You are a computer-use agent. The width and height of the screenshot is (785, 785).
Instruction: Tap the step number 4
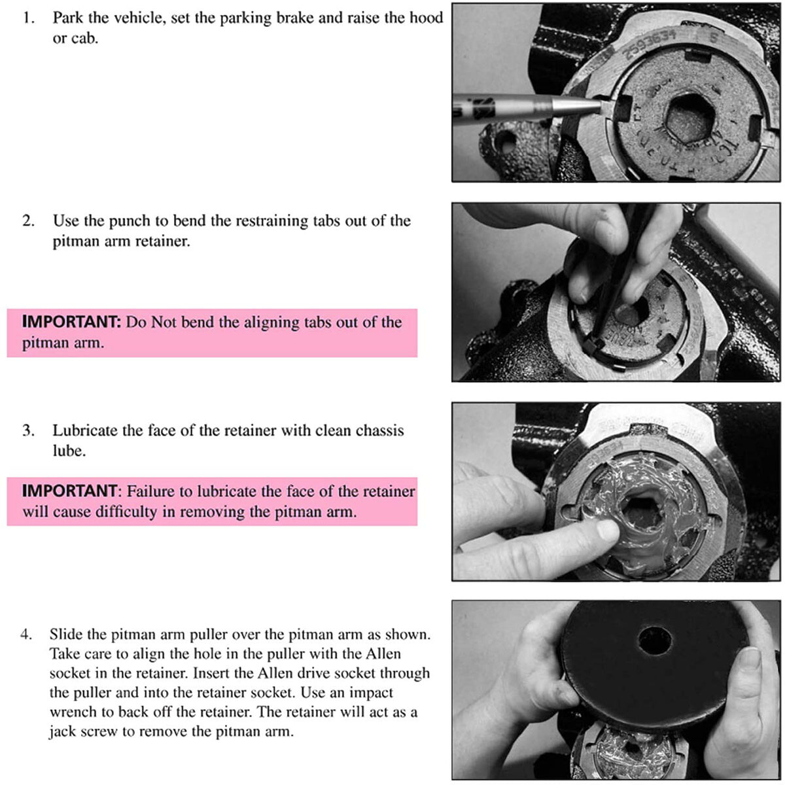26,635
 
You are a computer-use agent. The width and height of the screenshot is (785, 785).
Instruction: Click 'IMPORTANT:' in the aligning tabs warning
72,322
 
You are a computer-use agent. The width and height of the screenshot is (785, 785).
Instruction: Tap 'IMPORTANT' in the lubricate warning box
69,491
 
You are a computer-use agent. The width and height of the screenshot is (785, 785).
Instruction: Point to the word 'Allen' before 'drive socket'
275,673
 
